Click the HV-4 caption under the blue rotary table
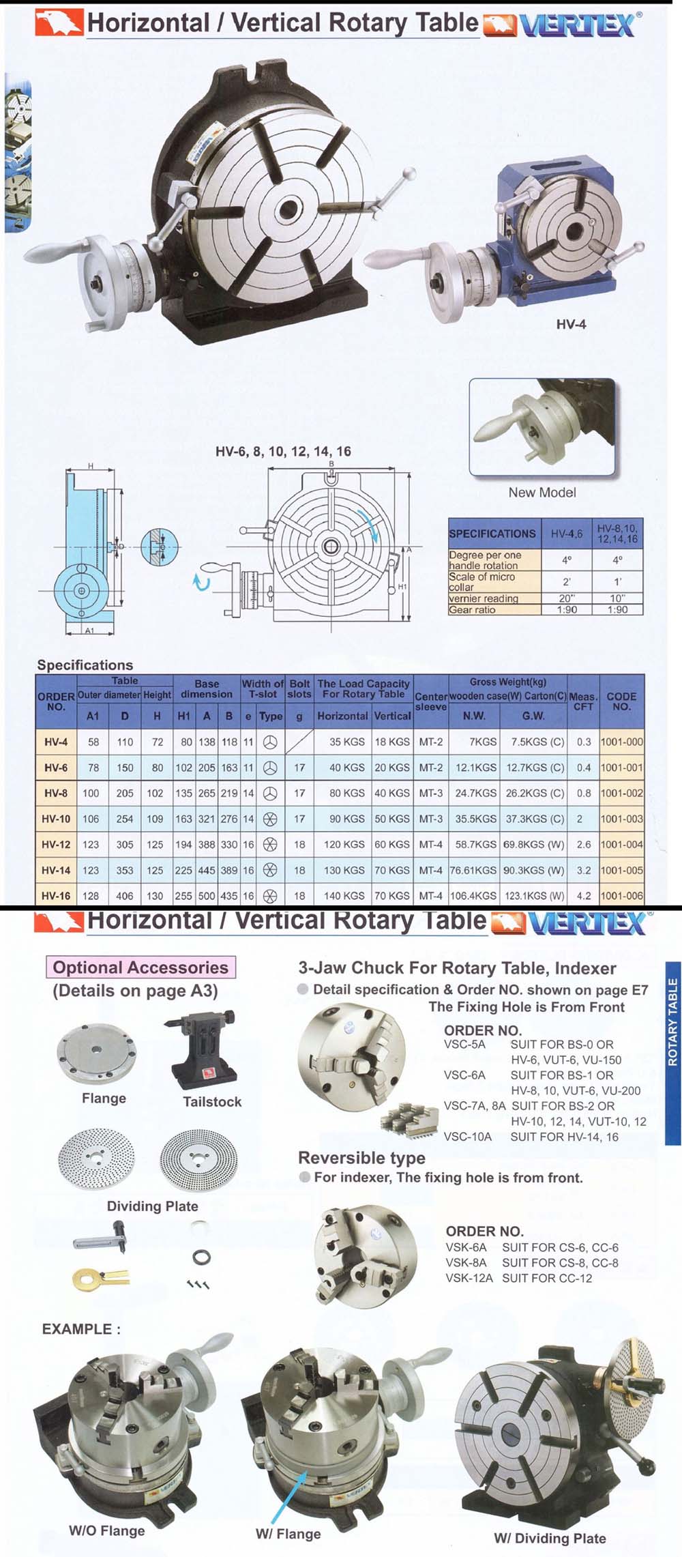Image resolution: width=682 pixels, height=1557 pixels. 571,324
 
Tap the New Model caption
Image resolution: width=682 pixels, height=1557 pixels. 542,492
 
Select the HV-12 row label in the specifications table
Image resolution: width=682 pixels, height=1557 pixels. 56,844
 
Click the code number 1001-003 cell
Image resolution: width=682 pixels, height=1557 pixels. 621,819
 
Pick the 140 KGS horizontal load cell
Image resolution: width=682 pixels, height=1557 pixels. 344,896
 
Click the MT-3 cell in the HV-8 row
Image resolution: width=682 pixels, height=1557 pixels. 431,793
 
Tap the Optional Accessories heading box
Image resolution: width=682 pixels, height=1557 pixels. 140,967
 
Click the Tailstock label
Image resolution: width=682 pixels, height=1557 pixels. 212,1101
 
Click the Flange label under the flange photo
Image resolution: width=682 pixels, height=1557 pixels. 104,1098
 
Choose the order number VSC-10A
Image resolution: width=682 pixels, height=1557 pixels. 467,1137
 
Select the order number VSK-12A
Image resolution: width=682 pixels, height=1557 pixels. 469,1278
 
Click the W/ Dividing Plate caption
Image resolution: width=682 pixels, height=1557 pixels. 550,1538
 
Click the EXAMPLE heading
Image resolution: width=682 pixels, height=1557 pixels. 81,1328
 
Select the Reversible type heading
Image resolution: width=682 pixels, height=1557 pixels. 361,1157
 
